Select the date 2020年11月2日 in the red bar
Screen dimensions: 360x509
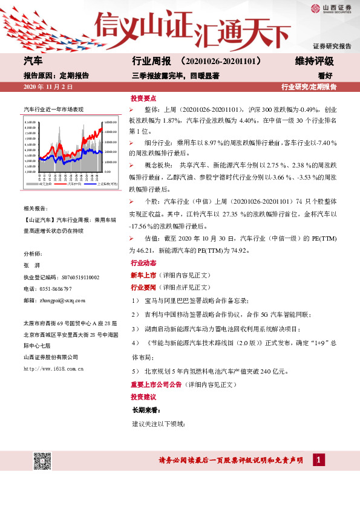pos(48,87)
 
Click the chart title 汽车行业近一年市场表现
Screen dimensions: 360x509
pos(53,109)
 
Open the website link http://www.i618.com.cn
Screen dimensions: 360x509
pos(53,368)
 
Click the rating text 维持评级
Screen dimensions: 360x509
pos(314,62)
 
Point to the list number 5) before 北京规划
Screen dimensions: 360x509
pos(135,371)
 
